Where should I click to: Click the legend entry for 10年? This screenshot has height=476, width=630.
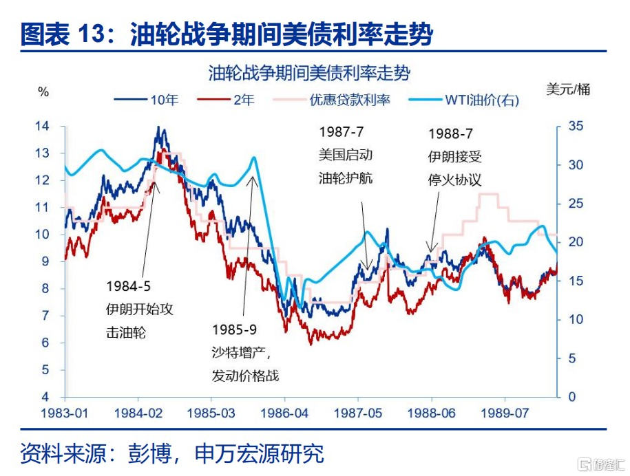pyautogui.click(x=146, y=100)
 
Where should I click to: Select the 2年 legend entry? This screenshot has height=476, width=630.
pyautogui.click(x=226, y=100)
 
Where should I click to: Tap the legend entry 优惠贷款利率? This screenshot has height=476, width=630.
pyautogui.click(x=331, y=100)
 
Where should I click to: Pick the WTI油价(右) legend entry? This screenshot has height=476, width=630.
pyautogui.click(x=463, y=100)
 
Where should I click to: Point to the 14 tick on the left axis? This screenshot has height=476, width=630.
pyautogui.click(x=42, y=126)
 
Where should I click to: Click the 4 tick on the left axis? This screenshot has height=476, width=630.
pyautogui.click(x=45, y=397)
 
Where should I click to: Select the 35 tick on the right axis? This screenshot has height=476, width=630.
pyautogui.click(x=576, y=126)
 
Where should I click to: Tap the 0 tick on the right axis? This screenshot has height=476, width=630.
pyautogui.click(x=572, y=397)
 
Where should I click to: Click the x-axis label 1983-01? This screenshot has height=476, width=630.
pyautogui.click(x=64, y=413)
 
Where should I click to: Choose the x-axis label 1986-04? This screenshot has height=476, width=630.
pyautogui.click(x=284, y=413)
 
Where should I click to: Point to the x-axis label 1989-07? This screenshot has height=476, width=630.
pyautogui.click(x=505, y=413)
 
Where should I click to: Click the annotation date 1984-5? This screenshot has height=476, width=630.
pyautogui.click(x=128, y=286)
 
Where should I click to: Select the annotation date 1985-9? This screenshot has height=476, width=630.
pyautogui.click(x=234, y=329)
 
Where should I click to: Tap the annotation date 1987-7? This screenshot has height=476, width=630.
pyautogui.click(x=341, y=131)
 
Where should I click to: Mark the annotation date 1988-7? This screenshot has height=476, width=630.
pyautogui.click(x=450, y=133)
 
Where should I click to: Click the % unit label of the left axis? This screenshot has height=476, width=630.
pyautogui.click(x=43, y=92)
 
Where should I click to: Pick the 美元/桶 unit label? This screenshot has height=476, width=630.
pyautogui.click(x=568, y=89)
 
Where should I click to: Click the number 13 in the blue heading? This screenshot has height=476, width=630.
pyautogui.click(x=92, y=33)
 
